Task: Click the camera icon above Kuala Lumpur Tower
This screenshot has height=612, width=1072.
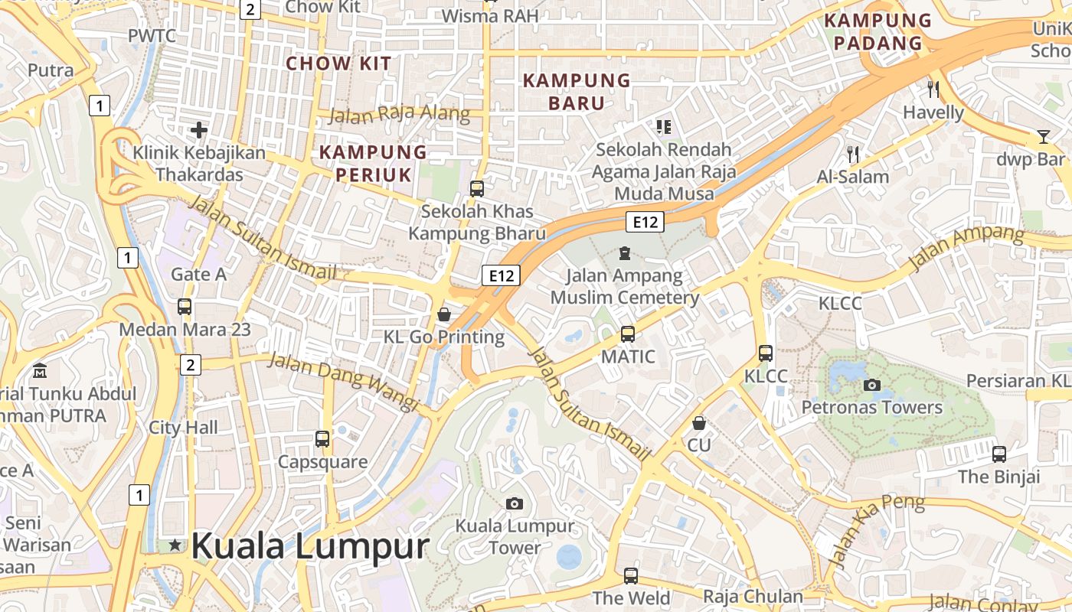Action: pyautogui.click(x=515, y=503)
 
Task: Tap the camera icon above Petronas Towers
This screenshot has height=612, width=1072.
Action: pyautogui.click(x=871, y=385)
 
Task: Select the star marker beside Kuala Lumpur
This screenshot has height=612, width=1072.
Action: pyautogui.click(x=175, y=545)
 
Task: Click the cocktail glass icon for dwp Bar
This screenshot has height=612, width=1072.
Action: pyautogui.click(x=1043, y=137)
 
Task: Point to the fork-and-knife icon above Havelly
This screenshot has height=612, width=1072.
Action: pyautogui.click(x=933, y=89)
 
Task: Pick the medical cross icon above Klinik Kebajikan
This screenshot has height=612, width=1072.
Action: pyautogui.click(x=199, y=129)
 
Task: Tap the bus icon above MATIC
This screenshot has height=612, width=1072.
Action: pyautogui.click(x=628, y=334)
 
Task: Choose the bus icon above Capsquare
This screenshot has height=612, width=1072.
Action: pyautogui.click(x=322, y=439)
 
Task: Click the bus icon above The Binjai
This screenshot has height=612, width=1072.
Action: pyautogui.click(x=998, y=454)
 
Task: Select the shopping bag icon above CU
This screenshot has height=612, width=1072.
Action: pyautogui.click(x=698, y=422)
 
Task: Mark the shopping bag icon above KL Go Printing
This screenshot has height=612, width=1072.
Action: pyautogui.click(x=443, y=314)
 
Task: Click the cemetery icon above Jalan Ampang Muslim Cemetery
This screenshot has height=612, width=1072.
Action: pyautogui.click(x=625, y=252)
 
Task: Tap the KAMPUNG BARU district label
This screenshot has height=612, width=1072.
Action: pyautogui.click(x=577, y=91)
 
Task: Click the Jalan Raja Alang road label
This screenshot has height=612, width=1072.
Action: pyautogui.click(x=399, y=115)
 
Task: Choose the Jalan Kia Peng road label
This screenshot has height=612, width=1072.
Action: pyautogui.click(x=877, y=532)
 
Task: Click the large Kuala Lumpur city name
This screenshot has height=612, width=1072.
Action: pyautogui.click(x=310, y=546)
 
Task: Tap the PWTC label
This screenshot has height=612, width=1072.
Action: pyautogui.click(x=152, y=36)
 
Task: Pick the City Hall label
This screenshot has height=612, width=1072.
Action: pyautogui.click(x=183, y=428)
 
